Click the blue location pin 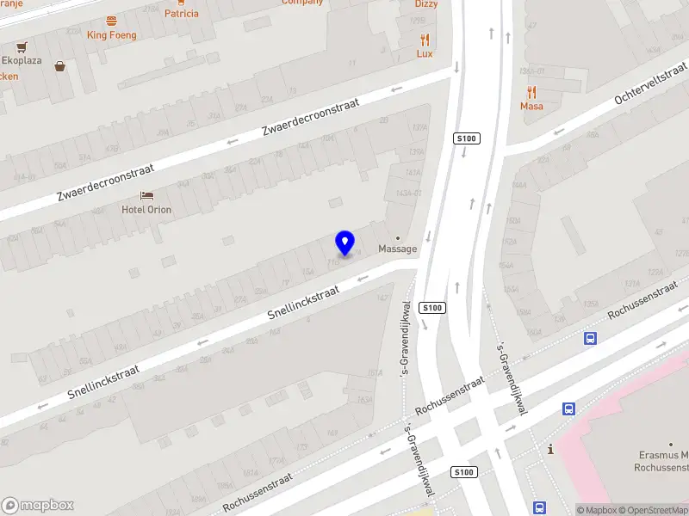tap(345, 243)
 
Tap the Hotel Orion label tap(146, 210)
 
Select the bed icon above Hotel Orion tap(146, 196)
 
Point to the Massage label tap(398, 249)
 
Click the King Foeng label tap(111, 35)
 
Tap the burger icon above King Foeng tap(111, 21)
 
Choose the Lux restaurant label tap(425, 53)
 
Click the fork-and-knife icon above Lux tap(425, 40)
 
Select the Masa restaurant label tap(531, 107)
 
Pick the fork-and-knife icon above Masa tap(531, 92)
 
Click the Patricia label tap(182, 13)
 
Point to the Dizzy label tap(426, 4)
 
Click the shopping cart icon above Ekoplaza tap(21, 47)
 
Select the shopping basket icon tap(60, 66)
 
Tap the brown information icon tap(550, 449)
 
